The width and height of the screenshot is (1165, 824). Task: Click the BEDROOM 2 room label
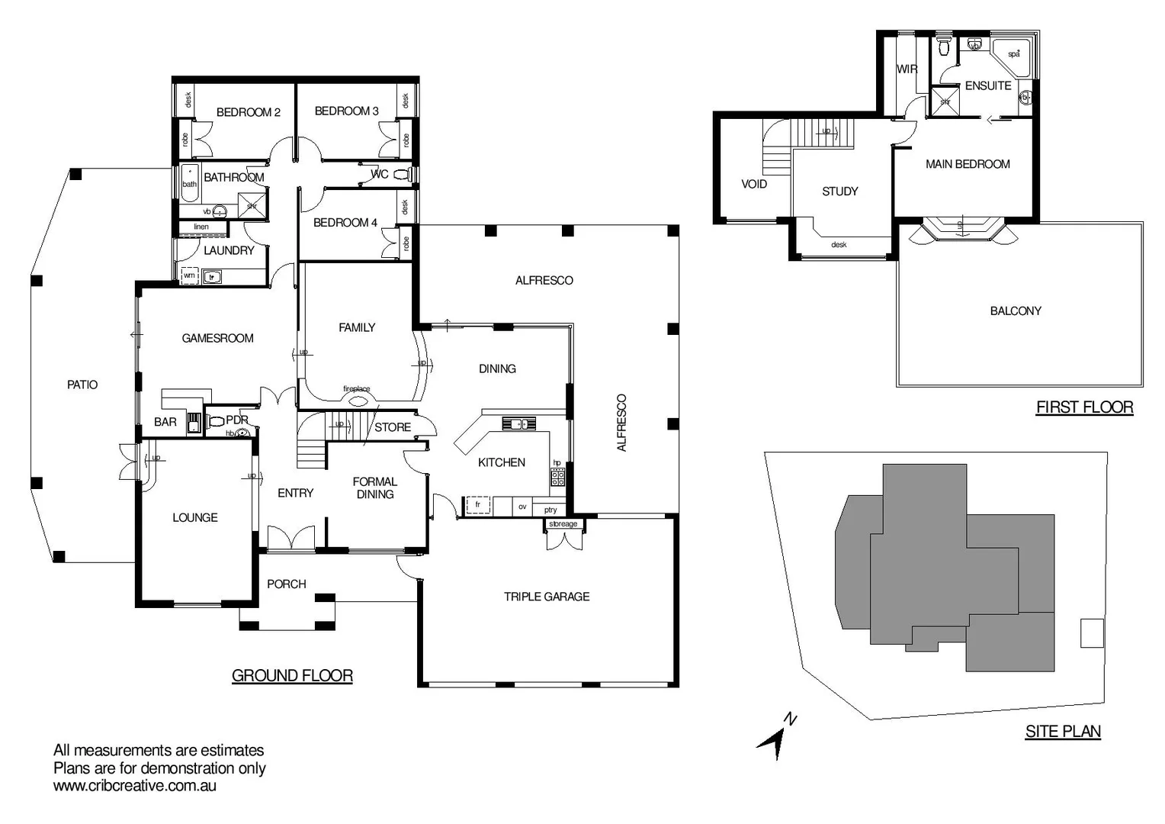(x=248, y=112)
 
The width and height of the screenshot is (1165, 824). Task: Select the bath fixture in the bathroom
(x=189, y=182)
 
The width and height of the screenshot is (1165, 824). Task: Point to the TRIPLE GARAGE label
(x=546, y=597)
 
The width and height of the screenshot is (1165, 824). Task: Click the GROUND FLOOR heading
(x=292, y=675)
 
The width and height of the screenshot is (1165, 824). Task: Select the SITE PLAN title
(x=1062, y=731)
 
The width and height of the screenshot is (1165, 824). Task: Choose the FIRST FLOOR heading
(x=1084, y=407)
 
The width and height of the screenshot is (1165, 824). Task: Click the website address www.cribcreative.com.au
(x=135, y=786)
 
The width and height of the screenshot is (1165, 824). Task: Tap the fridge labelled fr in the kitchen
(x=477, y=505)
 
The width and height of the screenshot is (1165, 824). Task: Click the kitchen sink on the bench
(x=518, y=423)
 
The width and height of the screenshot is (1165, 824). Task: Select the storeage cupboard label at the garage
(x=563, y=524)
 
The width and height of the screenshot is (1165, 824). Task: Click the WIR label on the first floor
(x=907, y=69)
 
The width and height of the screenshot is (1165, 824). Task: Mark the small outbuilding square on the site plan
(x=1092, y=632)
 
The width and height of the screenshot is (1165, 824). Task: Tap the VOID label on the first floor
(x=753, y=184)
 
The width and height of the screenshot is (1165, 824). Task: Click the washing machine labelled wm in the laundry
(x=189, y=275)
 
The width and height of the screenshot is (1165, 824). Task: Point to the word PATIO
(x=82, y=385)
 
